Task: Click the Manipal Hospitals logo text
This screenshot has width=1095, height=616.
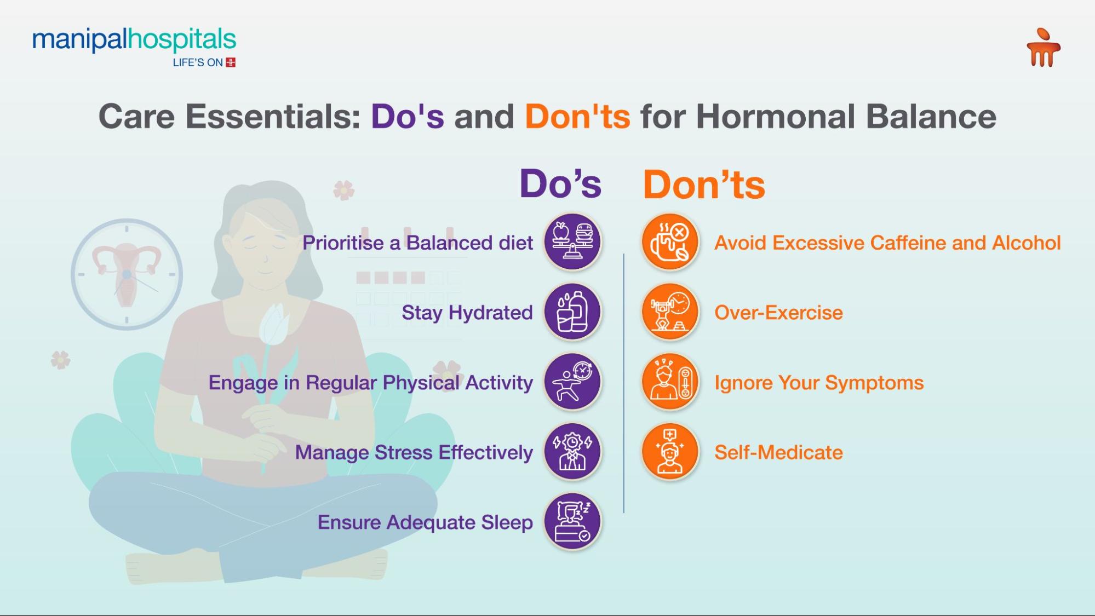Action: coord(134,41)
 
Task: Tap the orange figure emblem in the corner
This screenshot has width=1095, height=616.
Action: coord(1043,48)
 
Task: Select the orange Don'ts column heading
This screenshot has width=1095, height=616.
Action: coord(703,185)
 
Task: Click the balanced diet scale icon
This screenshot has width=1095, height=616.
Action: coord(572,241)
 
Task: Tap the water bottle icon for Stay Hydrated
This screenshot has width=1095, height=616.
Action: coord(572,312)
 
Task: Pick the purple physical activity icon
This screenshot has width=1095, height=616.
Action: coord(572,382)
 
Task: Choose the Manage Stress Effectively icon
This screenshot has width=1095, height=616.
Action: coord(572,452)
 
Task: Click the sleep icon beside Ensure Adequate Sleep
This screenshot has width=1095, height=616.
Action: coord(572,521)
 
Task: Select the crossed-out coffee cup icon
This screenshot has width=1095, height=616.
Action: coord(669,241)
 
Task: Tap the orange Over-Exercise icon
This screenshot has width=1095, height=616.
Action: coord(669,312)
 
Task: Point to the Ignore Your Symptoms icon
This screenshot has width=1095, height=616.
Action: coord(669,382)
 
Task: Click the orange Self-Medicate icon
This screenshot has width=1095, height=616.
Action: coord(669,452)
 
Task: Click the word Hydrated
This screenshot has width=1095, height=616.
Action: coord(490,313)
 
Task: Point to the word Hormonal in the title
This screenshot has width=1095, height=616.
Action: coord(775,117)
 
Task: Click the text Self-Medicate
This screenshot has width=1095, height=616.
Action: coord(778,453)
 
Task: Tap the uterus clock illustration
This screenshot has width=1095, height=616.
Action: coord(127,274)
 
